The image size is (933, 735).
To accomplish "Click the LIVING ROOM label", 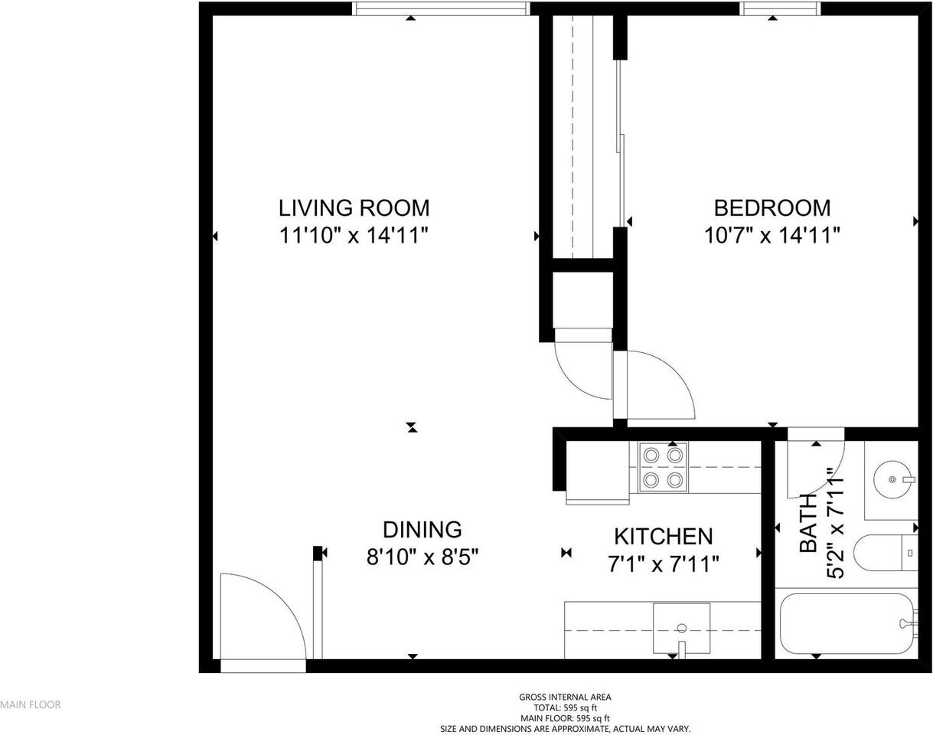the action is pos(354,208).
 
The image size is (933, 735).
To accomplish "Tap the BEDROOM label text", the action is pos(772,208).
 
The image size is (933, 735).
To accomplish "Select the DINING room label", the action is pos(422,530).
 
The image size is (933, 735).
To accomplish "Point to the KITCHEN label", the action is pos(664,537).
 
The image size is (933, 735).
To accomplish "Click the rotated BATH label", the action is pos(808,524).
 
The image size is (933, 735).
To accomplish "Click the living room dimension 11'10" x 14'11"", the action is pos(354,236).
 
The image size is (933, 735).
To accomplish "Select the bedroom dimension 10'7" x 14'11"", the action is pos(772,236).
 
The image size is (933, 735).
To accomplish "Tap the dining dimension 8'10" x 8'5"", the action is pos(422,557).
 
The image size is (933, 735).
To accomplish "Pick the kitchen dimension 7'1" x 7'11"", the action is pos(664,564).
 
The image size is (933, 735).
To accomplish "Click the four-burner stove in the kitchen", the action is pos(663,468).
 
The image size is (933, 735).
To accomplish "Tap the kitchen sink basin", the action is pos(681,629).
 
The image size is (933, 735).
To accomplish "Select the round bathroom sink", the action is pos(892,479).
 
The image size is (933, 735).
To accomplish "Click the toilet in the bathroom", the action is pos(886,553).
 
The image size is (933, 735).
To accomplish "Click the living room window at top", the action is pos(441,8).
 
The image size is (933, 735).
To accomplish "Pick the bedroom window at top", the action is pos(780,8).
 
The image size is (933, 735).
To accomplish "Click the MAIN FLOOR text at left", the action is pos(31,704).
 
